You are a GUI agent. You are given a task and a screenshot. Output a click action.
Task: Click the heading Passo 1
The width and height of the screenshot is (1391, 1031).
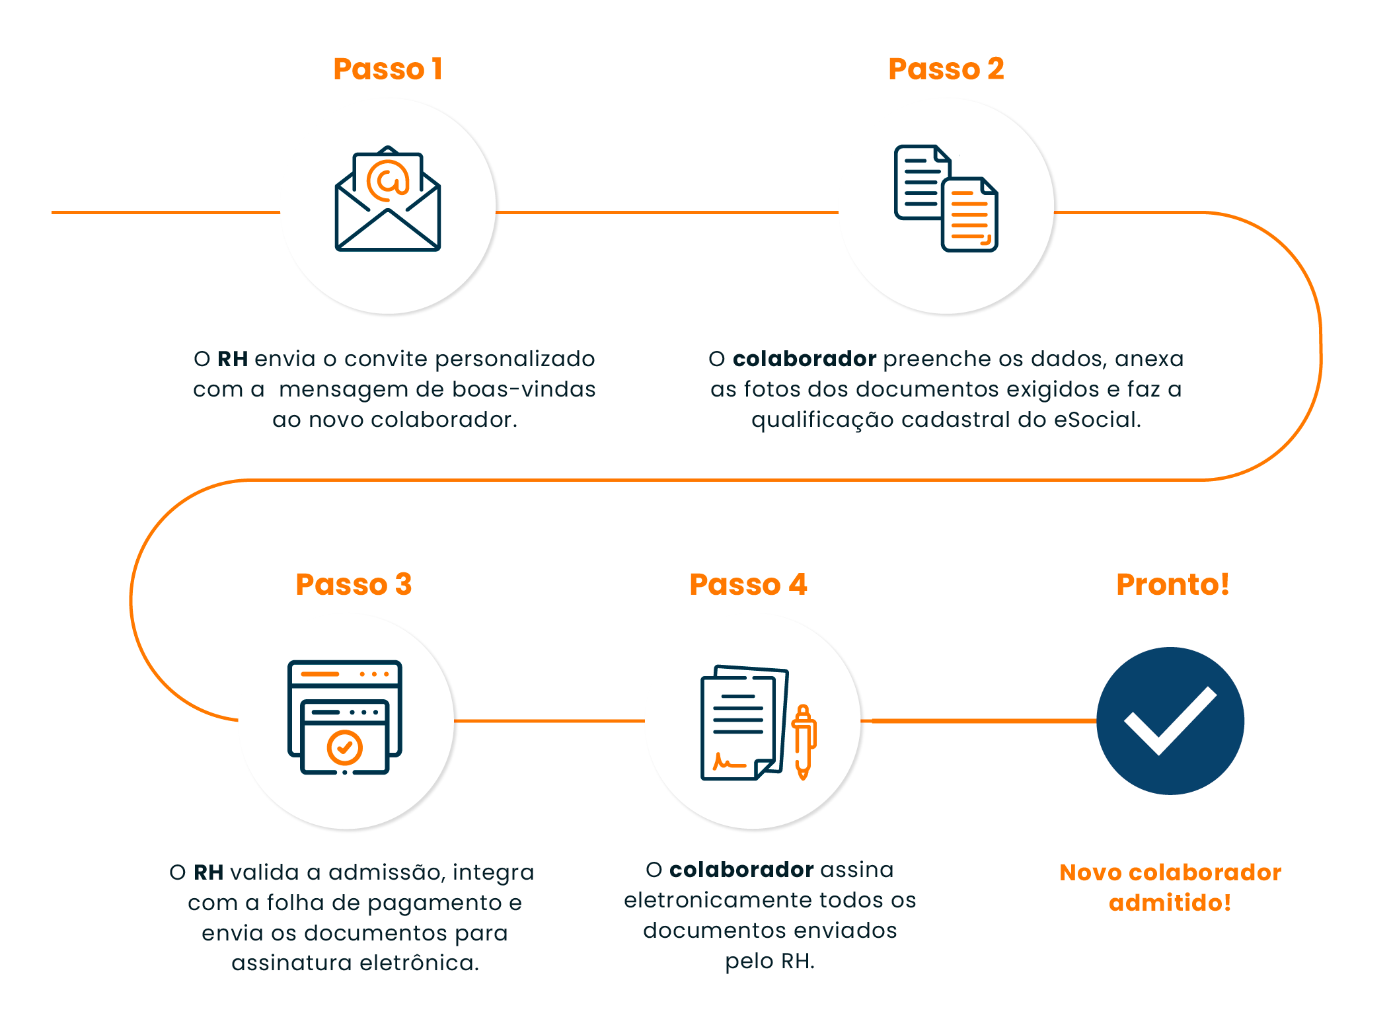coord(388,69)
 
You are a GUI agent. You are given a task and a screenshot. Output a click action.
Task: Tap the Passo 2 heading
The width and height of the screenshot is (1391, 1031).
coord(946,69)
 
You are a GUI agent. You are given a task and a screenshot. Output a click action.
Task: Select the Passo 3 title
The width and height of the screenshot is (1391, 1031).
coord(354,584)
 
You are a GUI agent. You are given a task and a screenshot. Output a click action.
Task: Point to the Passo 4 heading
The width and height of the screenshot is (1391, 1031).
coord(748,584)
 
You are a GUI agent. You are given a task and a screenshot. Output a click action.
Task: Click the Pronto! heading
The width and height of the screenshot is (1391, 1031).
coord(1173,584)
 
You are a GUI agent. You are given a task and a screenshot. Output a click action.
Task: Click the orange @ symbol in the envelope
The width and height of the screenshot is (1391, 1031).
coord(388,180)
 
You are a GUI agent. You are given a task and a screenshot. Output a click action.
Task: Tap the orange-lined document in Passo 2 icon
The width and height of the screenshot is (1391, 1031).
coord(969,215)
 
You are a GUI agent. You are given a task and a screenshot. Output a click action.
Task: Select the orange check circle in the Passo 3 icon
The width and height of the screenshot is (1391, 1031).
coord(345,747)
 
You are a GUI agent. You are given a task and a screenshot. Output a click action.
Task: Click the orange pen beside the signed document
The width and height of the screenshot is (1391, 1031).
coord(804,742)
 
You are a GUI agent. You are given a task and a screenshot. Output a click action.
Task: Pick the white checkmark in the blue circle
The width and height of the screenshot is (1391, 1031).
coord(1170,720)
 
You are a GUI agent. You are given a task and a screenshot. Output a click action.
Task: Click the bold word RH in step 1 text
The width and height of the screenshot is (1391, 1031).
coord(233,359)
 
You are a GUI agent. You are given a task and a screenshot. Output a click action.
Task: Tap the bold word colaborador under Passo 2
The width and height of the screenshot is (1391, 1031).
coord(804,359)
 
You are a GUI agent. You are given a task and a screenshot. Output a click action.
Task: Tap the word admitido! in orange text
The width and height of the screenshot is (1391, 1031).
coord(1170,903)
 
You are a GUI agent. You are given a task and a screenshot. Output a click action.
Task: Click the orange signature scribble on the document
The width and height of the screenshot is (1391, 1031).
coord(729,762)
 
